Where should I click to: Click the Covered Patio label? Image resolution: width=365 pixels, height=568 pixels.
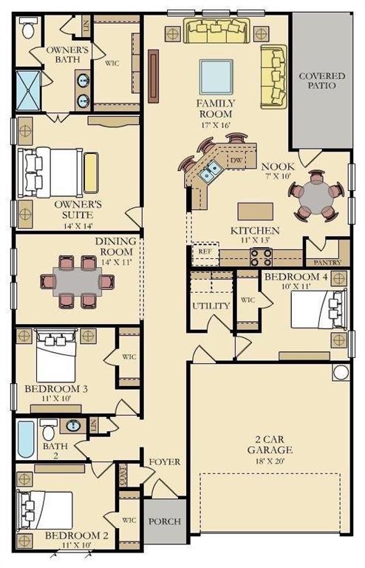(317, 81)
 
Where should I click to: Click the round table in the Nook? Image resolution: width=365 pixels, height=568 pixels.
(316, 197)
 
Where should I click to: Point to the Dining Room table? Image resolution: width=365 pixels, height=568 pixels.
(78, 281)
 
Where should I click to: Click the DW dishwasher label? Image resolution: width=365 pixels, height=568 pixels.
(236, 160)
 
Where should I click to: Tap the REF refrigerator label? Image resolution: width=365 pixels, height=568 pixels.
(205, 251)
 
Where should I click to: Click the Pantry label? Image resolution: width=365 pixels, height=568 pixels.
(327, 262)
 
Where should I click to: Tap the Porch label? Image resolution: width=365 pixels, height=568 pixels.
(165, 521)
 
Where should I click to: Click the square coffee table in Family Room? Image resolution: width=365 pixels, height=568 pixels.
(216, 76)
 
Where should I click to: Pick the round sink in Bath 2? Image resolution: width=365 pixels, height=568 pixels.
(73, 426)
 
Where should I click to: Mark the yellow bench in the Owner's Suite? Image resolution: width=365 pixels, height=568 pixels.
(91, 172)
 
